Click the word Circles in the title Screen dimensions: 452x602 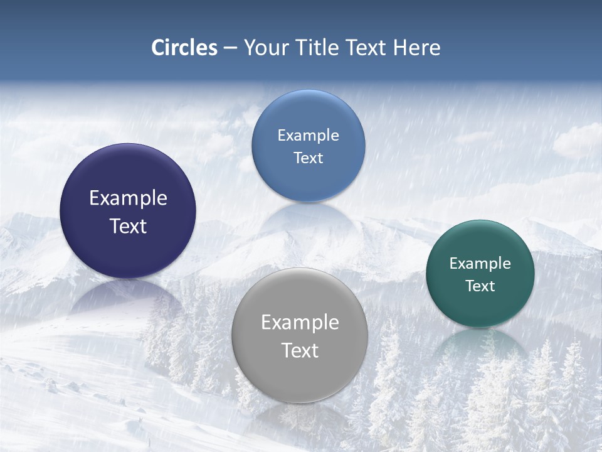point(184,48)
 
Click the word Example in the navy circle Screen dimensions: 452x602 point(128,198)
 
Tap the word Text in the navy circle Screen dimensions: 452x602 point(128,226)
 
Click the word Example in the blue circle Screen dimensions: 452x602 point(308,136)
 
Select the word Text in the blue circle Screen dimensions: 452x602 point(308,158)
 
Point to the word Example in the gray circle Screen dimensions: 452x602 point(300,323)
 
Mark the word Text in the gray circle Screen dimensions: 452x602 point(300,350)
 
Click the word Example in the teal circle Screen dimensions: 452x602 point(480,264)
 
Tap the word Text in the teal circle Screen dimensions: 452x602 point(480,286)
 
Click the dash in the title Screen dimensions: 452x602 point(230,48)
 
